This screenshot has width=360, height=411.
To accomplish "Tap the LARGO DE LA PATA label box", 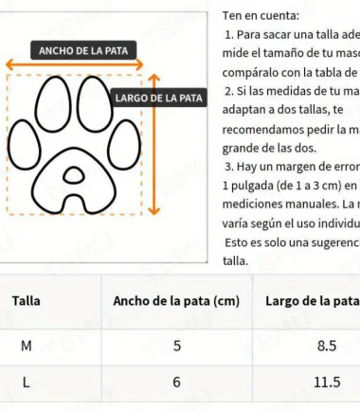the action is click(x=159, y=98).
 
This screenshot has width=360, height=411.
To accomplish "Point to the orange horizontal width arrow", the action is click(x=76, y=66).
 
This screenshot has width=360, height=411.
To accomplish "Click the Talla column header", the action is click(x=25, y=301).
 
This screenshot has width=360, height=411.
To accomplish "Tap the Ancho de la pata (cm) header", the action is click(x=175, y=301).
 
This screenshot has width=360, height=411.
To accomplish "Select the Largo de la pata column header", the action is click(x=312, y=301).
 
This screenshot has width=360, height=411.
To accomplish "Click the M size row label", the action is click(x=26, y=345).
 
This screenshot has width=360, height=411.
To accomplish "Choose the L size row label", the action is click(x=26, y=382).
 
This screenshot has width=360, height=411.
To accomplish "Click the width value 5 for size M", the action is click(x=176, y=345).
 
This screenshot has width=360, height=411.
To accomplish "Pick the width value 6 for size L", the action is click(x=176, y=382).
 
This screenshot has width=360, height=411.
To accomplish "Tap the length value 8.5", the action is click(x=327, y=345).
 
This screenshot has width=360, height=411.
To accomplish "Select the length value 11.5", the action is click(x=327, y=382).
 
